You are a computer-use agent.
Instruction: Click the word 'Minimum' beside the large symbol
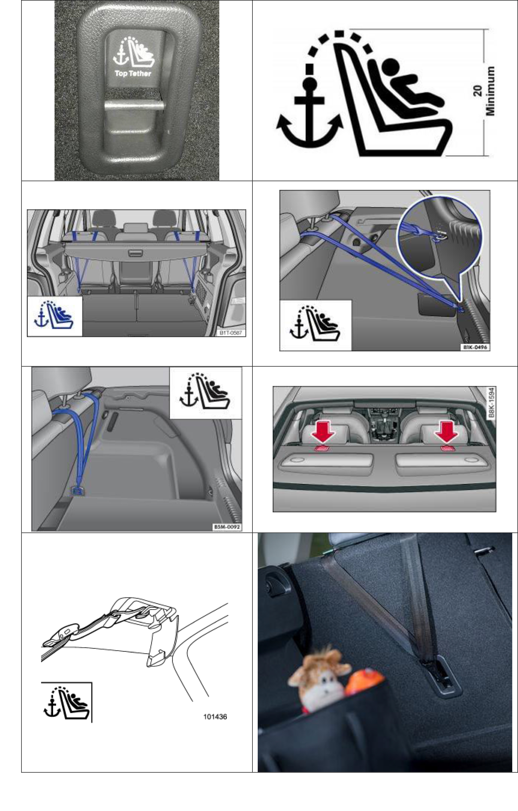tap(490, 91)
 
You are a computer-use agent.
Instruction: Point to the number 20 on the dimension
tap(478, 91)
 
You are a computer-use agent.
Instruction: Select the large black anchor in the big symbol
tap(309, 115)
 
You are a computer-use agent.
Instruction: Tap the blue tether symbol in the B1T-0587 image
tap(54, 316)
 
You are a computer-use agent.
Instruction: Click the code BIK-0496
tap(475, 347)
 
